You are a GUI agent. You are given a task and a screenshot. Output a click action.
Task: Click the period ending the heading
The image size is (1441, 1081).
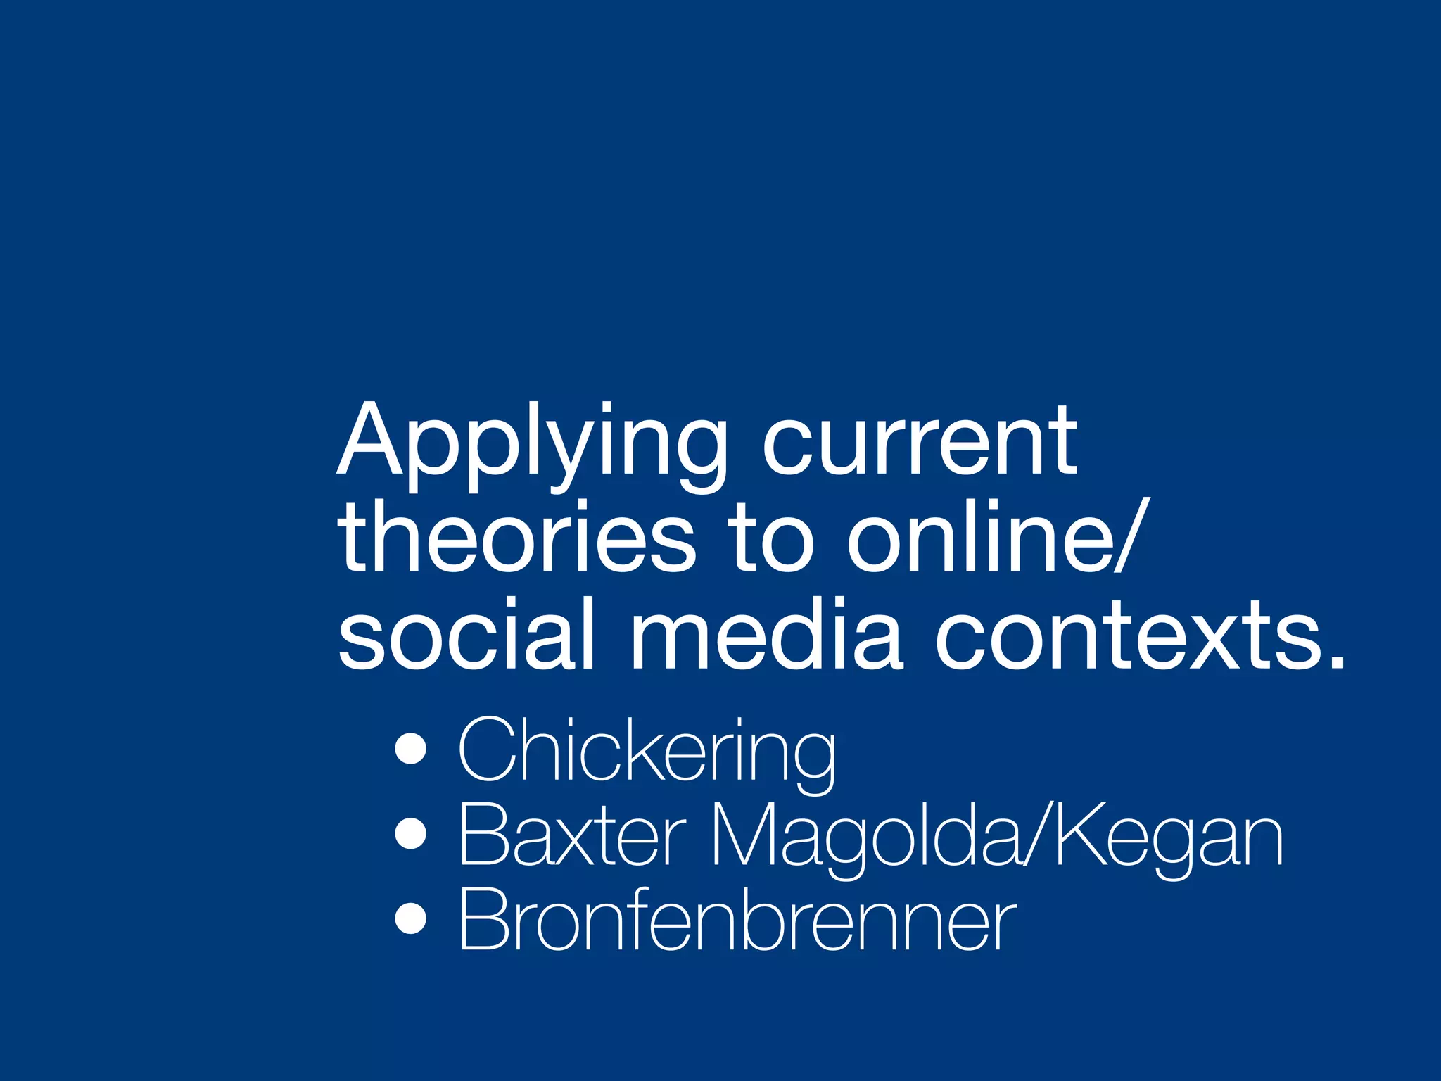[1334, 658]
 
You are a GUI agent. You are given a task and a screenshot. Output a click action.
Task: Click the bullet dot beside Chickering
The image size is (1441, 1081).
[411, 750]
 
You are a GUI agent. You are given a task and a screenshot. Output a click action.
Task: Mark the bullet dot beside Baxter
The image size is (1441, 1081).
[411, 835]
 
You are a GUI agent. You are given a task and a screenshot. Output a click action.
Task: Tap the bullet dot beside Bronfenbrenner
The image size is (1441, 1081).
[411, 918]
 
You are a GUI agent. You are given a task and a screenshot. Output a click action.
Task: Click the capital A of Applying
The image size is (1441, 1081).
[370, 440]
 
